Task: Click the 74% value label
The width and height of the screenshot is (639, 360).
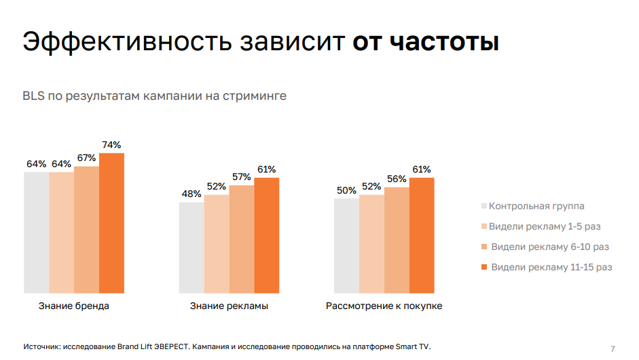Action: (111, 145)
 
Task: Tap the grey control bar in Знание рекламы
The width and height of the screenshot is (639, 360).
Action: (191, 247)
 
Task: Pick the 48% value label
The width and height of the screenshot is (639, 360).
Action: (191, 194)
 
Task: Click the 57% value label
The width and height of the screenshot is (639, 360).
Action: (241, 177)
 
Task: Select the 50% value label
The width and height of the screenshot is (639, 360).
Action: (346, 190)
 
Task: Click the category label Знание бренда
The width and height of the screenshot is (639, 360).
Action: (74, 306)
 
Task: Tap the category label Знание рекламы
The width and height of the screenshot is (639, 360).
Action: (229, 306)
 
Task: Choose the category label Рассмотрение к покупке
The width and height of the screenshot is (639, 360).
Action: (384, 306)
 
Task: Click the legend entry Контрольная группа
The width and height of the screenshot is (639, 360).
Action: (536, 206)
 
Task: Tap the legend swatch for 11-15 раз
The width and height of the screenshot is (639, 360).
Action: (484, 267)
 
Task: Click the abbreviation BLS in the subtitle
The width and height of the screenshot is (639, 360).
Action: (33, 96)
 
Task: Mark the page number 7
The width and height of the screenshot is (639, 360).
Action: (613, 348)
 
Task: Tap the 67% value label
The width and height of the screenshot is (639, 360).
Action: (86, 158)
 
